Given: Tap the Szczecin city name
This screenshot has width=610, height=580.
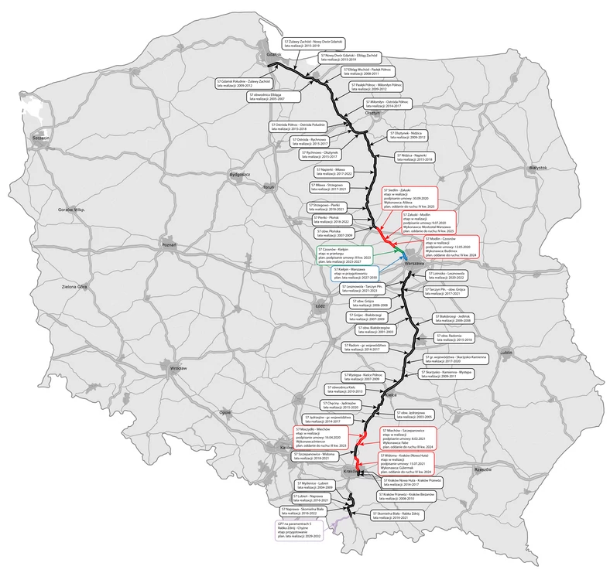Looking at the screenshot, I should (x=40, y=138).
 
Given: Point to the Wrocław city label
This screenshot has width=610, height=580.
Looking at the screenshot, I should (x=179, y=368).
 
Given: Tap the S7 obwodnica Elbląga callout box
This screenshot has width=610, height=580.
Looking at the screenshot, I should (x=272, y=97).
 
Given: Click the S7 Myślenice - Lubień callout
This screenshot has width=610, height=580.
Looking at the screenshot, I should (x=318, y=486).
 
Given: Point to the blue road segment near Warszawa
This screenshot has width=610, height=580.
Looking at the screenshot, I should (x=404, y=255).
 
